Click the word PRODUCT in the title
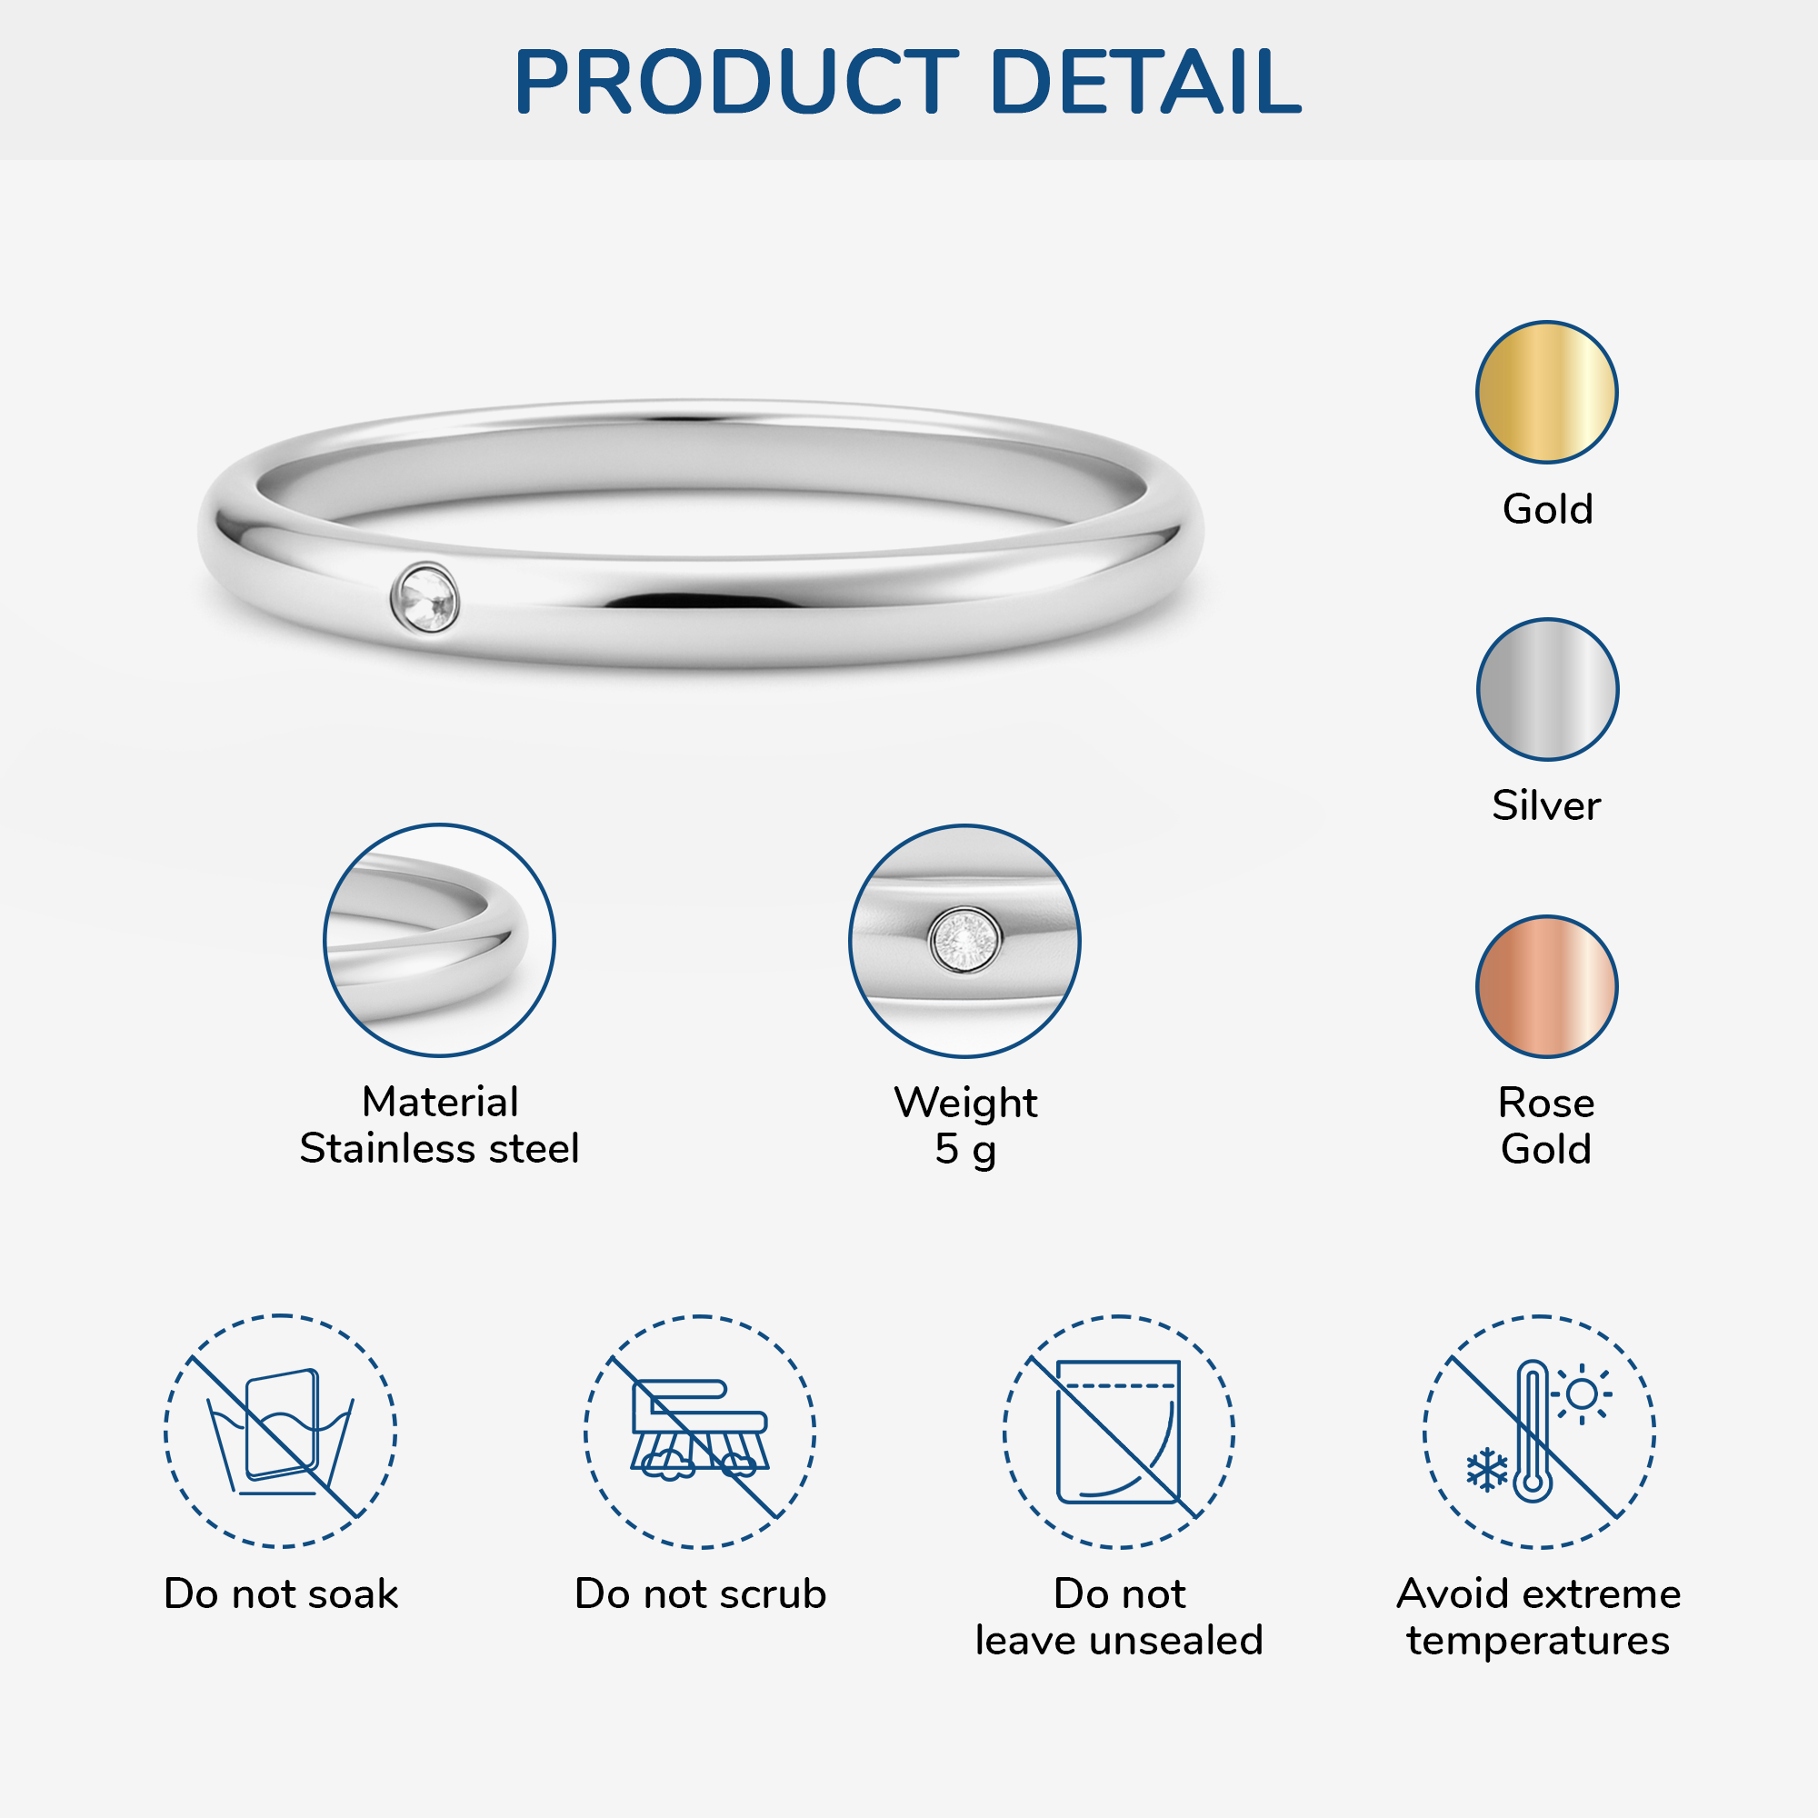[737, 82]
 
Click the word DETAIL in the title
[1146, 82]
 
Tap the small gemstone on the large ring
[425, 597]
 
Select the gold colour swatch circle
[1546, 393]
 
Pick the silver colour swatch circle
[1547, 689]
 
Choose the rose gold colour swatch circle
[1546, 986]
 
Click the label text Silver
[1546, 805]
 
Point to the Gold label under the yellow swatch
[1547, 509]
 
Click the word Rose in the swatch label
[1546, 1102]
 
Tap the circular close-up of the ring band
[439, 940]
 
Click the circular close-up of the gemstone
[964, 941]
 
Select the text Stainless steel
[439, 1148]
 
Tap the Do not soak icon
[280, 1430]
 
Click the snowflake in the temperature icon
[1488, 1470]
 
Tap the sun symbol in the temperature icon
[1582, 1393]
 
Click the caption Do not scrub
[700, 1594]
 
